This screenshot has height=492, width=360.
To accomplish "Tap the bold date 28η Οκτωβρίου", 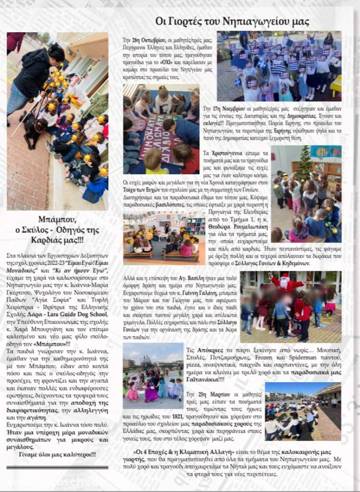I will pyautogui.click(x=144, y=39).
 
